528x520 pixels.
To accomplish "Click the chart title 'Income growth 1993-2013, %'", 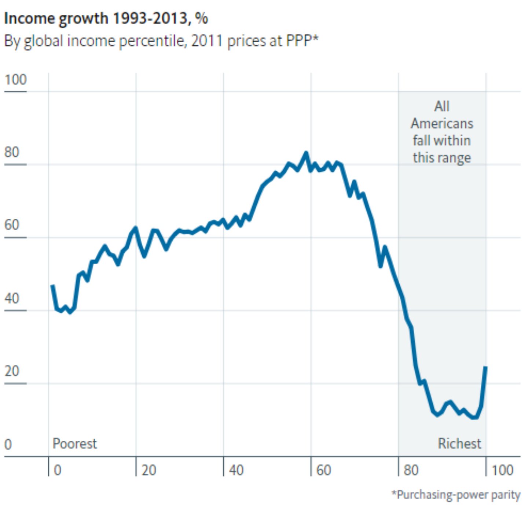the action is (x=106, y=19).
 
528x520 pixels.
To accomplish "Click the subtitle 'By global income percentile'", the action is (x=95, y=41).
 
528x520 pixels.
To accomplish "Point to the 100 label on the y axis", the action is (x=16, y=80).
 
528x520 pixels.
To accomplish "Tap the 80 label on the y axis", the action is (x=12, y=152).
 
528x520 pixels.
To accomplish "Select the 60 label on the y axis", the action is (x=12, y=225).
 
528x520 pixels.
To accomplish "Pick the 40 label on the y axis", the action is (x=12, y=298).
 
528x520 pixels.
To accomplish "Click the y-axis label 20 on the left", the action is (x=12, y=371).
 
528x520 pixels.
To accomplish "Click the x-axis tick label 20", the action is (x=149, y=470).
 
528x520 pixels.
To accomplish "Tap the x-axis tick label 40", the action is (x=236, y=470).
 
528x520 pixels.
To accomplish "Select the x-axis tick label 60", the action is (x=324, y=470).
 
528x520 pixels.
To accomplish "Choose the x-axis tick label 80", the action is (x=411, y=470).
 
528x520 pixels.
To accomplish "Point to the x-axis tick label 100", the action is (x=503, y=470).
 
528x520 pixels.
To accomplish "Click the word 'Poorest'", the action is (x=74, y=443).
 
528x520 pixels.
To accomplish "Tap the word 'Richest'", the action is (x=459, y=443).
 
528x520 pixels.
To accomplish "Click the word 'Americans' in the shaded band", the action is (x=442, y=123).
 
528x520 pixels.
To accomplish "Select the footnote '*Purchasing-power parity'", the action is (x=456, y=495).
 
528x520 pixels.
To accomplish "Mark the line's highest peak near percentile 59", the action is (x=306, y=153).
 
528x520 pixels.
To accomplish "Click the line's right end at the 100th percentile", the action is (x=485, y=367).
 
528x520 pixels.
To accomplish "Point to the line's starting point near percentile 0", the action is (x=52, y=286).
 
